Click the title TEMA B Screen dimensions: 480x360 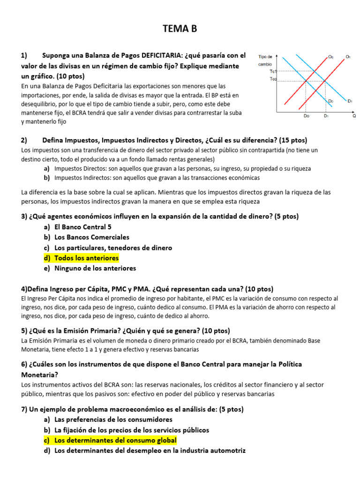click(180, 29)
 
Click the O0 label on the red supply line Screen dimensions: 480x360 click(330, 57)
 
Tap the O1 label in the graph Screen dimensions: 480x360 click(348, 57)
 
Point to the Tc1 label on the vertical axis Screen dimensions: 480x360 click(273, 71)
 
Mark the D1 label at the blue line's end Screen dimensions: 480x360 click(350, 100)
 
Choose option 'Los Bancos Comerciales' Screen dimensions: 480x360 click(92, 237)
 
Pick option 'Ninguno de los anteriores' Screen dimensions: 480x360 click(95, 269)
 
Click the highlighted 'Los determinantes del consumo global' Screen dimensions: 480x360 click(115, 441)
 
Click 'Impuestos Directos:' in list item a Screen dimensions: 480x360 click(80, 168)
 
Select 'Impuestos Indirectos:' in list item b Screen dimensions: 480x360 click(82, 178)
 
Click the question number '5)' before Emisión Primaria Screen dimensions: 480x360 click(24, 330)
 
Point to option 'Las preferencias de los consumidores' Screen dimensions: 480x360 click(113, 420)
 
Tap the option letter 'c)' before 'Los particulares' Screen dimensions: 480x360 click(46, 247)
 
